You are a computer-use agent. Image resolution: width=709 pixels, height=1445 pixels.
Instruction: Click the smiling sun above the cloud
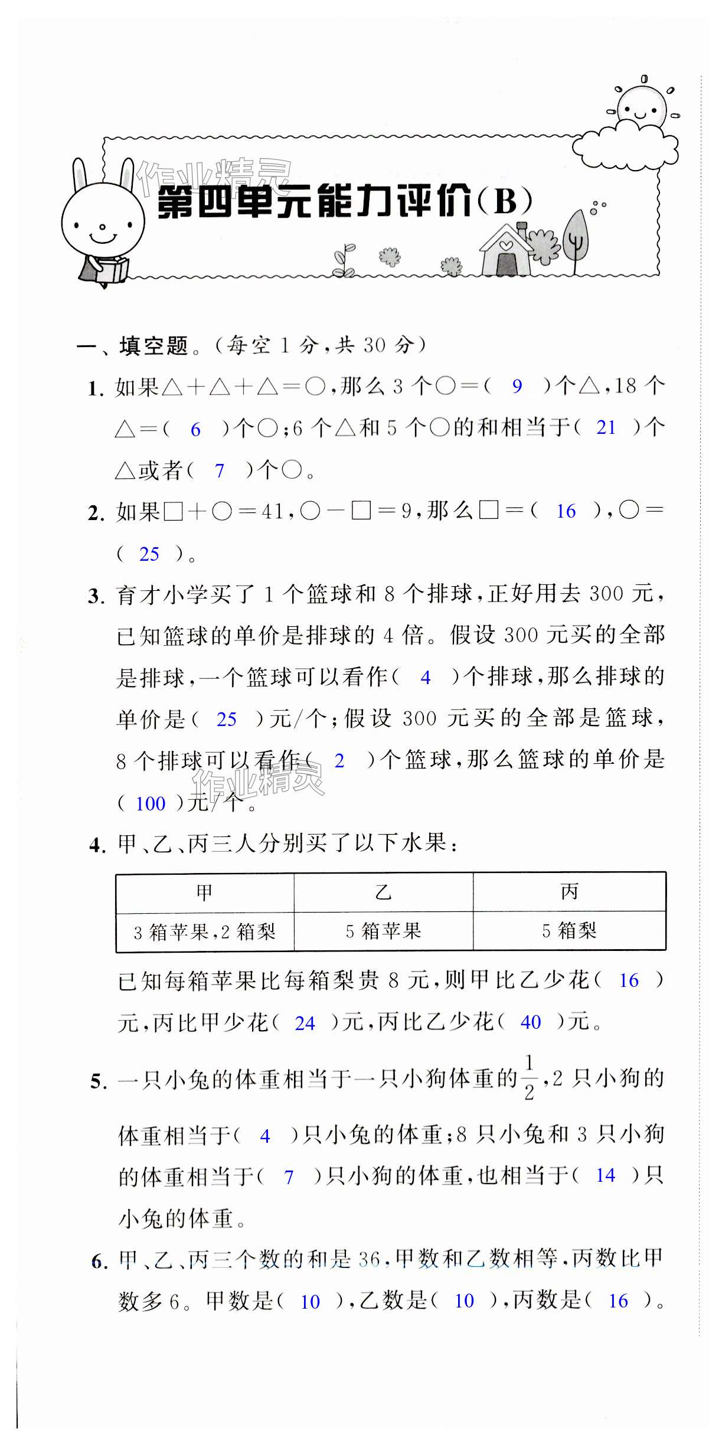tap(641, 107)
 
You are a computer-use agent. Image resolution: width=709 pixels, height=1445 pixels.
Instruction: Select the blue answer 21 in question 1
tap(606, 427)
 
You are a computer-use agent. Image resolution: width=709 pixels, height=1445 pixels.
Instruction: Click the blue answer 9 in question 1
tap(517, 386)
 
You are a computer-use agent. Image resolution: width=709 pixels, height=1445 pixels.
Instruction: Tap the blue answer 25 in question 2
tap(149, 554)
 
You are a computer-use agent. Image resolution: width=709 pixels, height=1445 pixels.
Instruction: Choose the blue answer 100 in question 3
tap(151, 803)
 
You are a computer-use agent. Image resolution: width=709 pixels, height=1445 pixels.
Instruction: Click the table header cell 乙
tap(383, 892)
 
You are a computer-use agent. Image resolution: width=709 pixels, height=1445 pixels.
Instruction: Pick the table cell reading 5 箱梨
tap(569, 931)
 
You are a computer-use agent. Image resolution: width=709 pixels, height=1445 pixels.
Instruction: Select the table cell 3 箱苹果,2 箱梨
tap(205, 932)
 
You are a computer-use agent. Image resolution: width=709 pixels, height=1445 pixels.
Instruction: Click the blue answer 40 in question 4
tap(530, 1022)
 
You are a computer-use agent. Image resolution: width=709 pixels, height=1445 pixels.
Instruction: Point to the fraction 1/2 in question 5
tap(528, 1078)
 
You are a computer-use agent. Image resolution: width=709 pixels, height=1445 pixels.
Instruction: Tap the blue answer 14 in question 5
tap(605, 1175)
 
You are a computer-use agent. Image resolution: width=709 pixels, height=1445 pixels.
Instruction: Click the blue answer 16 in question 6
tap(618, 1301)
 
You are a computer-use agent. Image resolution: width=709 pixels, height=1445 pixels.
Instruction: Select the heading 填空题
tap(153, 346)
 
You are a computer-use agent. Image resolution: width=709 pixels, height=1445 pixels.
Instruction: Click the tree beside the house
tap(576, 239)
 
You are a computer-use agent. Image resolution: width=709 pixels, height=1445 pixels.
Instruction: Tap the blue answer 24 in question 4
tap(305, 1023)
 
